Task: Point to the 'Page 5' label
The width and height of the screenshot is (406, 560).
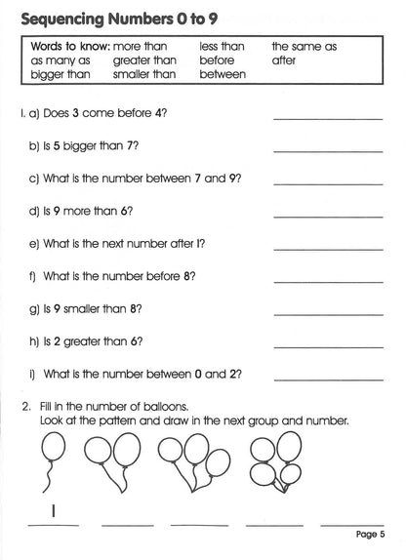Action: pos(371,534)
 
